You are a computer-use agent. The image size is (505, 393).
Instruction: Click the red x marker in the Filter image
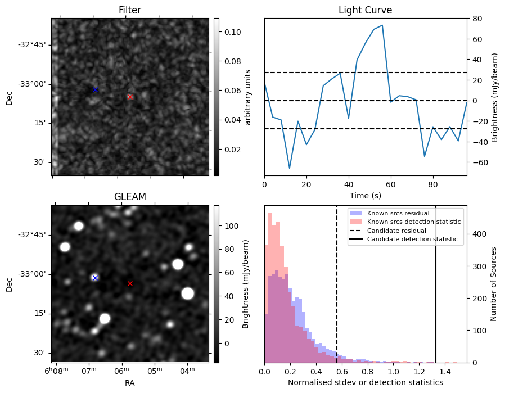130,97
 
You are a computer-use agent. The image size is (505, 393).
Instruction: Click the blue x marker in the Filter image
95,89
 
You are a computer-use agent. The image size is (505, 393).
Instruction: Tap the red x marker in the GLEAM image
130,283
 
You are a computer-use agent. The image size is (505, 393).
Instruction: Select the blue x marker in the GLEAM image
95,278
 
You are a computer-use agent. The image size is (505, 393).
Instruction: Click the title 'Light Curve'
365,10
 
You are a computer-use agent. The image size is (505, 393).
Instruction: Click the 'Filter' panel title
130,10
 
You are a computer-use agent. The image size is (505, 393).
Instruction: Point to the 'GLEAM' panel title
130,197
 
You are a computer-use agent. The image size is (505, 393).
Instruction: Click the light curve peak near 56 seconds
382,25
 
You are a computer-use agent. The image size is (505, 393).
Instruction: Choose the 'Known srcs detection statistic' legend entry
413,222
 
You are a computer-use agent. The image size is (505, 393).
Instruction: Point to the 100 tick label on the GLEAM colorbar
231,226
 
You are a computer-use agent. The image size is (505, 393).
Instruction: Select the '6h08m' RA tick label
56,371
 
